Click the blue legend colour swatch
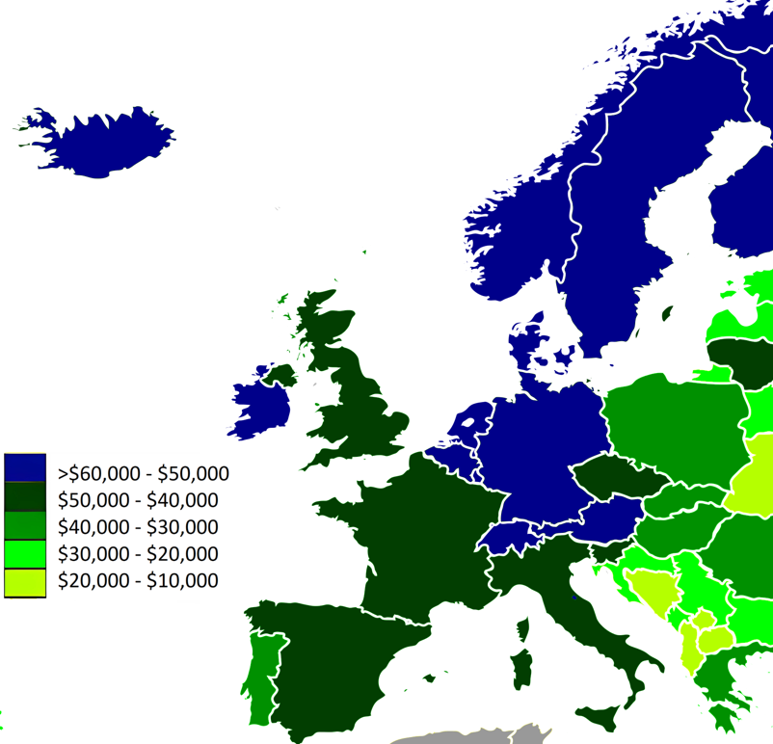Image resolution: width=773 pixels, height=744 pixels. (x=25, y=468)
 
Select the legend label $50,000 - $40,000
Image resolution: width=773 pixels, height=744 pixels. (x=138, y=500)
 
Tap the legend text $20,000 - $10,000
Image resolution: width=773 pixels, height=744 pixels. (x=138, y=581)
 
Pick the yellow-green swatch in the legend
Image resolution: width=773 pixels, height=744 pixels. (x=25, y=582)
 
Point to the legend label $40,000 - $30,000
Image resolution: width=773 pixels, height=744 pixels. (x=138, y=527)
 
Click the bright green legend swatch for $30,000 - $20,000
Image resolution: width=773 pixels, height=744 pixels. (x=25, y=554)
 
